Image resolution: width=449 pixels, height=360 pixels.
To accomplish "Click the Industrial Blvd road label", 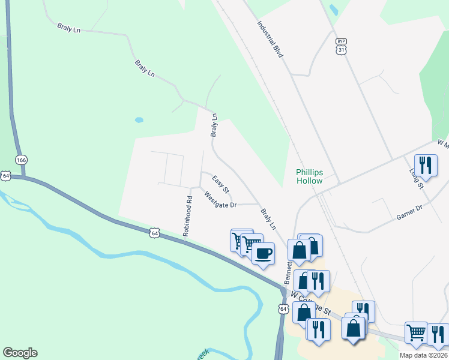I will click(x=270, y=40).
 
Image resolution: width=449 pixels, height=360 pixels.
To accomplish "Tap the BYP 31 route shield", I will click(x=342, y=46).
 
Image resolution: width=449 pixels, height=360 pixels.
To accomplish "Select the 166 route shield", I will click(x=22, y=160).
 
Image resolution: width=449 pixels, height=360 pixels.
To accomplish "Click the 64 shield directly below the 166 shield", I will click(x=6, y=175).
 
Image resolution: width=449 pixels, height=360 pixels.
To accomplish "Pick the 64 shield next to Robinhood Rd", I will click(x=155, y=232).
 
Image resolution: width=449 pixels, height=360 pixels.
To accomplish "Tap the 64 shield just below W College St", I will click(x=282, y=308).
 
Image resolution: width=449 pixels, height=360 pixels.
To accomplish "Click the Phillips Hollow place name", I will click(x=309, y=176).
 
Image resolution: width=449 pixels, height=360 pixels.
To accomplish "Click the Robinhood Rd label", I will click(x=187, y=216).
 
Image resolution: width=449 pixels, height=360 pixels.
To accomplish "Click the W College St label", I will click(x=310, y=302).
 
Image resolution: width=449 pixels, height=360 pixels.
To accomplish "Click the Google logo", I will click(x=20, y=353).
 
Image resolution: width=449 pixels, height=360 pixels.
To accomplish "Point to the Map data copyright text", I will click(x=424, y=355).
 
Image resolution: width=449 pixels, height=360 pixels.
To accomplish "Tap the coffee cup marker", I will click(x=263, y=253).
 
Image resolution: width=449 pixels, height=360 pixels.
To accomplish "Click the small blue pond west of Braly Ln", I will click(x=139, y=119).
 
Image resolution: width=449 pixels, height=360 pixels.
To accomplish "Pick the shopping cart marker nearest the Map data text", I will click(x=416, y=332).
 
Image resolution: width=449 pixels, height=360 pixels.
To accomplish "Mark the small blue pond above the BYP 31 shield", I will click(x=333, y=9).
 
